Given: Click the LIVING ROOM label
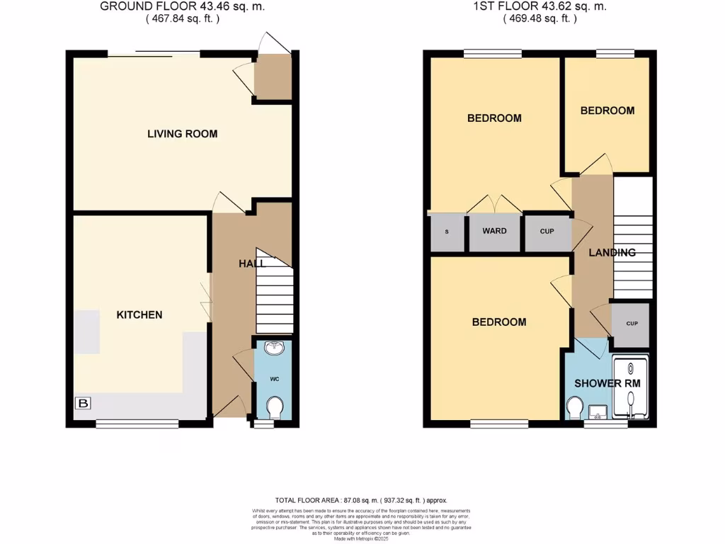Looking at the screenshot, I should coord(182,134).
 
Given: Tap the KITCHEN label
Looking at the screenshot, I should coord(139,314).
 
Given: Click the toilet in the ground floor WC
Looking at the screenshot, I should coord(274,407).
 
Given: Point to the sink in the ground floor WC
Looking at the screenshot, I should coord(273,348).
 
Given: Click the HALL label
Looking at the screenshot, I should coord(251,263).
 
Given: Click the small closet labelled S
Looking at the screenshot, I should coord(446,232).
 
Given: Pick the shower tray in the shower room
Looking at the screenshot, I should coord(630,388).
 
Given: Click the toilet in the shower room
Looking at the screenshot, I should coord(575,407).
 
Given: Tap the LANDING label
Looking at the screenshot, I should coord(612,252).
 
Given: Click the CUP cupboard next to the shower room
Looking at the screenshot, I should coord(632,324).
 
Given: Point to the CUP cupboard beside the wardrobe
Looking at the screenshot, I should coord(547,232).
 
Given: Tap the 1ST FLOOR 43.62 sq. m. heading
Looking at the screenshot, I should coord(540,7).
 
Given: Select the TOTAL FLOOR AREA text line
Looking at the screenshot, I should coord(361,500).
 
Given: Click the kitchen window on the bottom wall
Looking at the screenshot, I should coord(137,424).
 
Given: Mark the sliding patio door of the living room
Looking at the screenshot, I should coord(154,53).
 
